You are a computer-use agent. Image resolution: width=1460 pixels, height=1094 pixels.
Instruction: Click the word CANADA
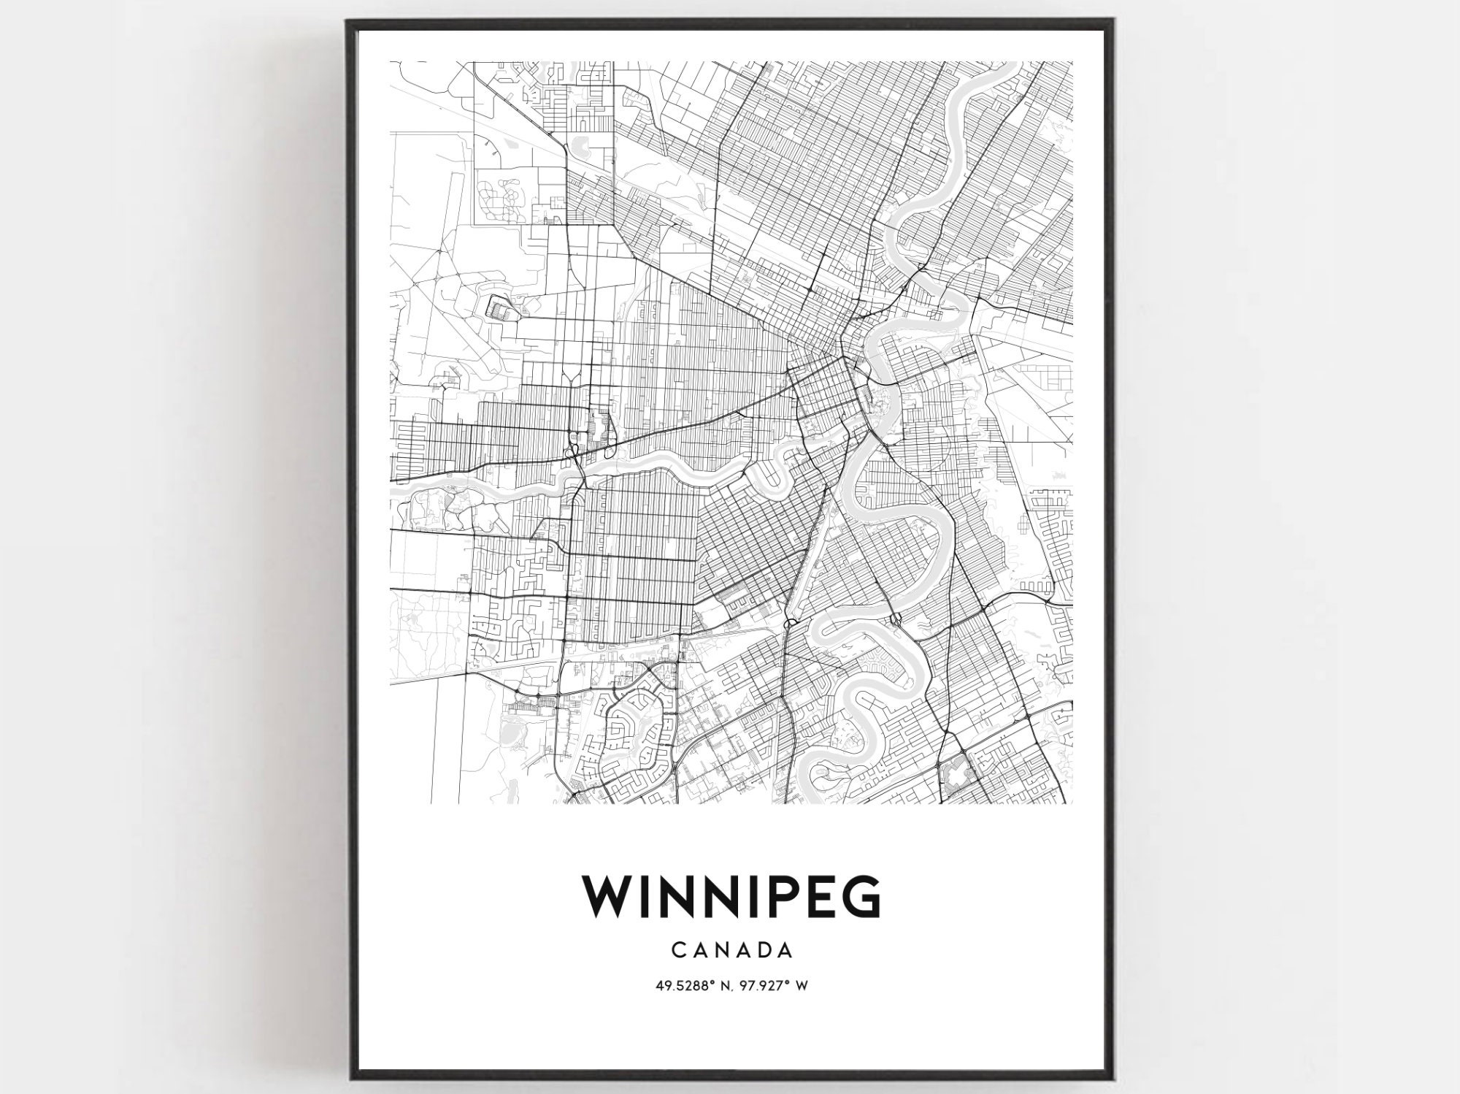(731, 950)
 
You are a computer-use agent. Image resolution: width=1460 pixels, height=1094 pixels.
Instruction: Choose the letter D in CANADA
(764, 950)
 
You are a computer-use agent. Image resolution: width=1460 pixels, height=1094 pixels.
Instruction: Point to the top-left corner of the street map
(391, 62)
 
